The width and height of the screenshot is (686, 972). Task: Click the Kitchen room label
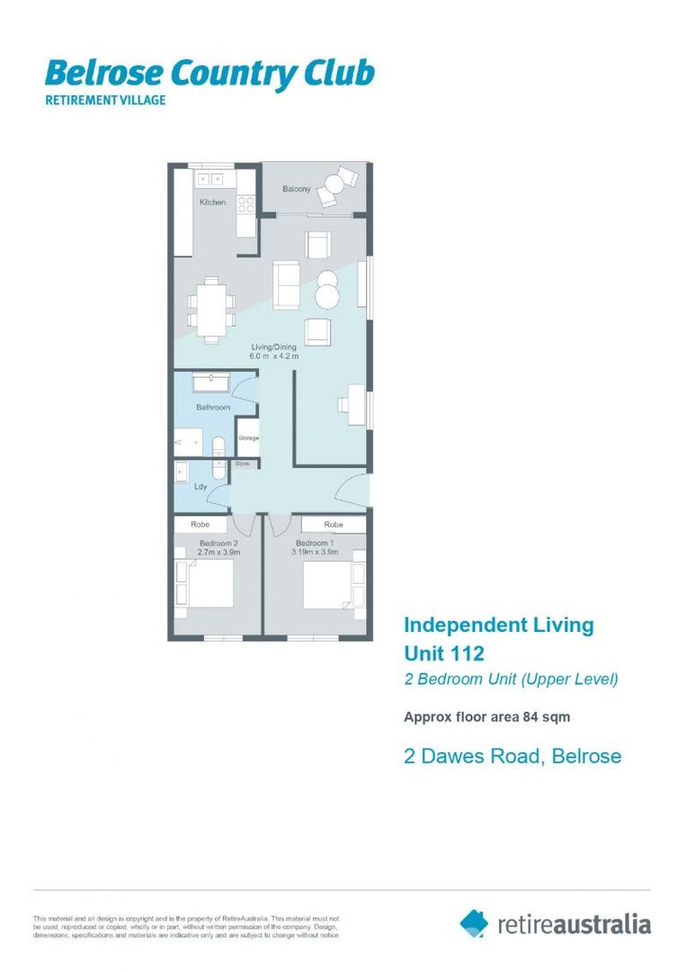click(213, 202)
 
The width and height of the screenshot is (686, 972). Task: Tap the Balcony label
click(298, 189)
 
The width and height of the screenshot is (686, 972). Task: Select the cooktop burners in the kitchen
click(245, 204)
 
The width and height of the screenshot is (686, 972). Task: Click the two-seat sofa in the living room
click(287, 283)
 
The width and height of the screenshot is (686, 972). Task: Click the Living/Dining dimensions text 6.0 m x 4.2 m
click(273, 357)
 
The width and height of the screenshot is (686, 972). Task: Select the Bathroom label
click(213, 408)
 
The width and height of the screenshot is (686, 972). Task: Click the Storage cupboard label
click(248, 438)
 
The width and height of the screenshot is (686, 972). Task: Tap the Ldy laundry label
click(200, 487)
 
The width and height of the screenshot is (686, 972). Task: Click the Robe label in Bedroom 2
click(200, 525)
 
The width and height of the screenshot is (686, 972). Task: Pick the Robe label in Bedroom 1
click(334, 525)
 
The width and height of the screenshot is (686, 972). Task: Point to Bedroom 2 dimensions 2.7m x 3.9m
click(218, 553)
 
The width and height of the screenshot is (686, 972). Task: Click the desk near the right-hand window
click(355, 405)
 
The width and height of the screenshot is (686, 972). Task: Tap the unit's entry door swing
click(353, 490)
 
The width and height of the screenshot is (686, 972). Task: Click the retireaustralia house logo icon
click(474, 922)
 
